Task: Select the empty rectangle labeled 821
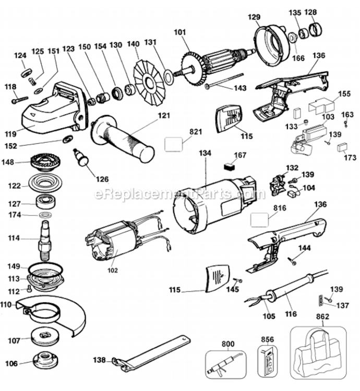(174, 142)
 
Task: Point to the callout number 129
(254, 18)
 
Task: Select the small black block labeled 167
(226, 168)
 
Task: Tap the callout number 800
(227, 344)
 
